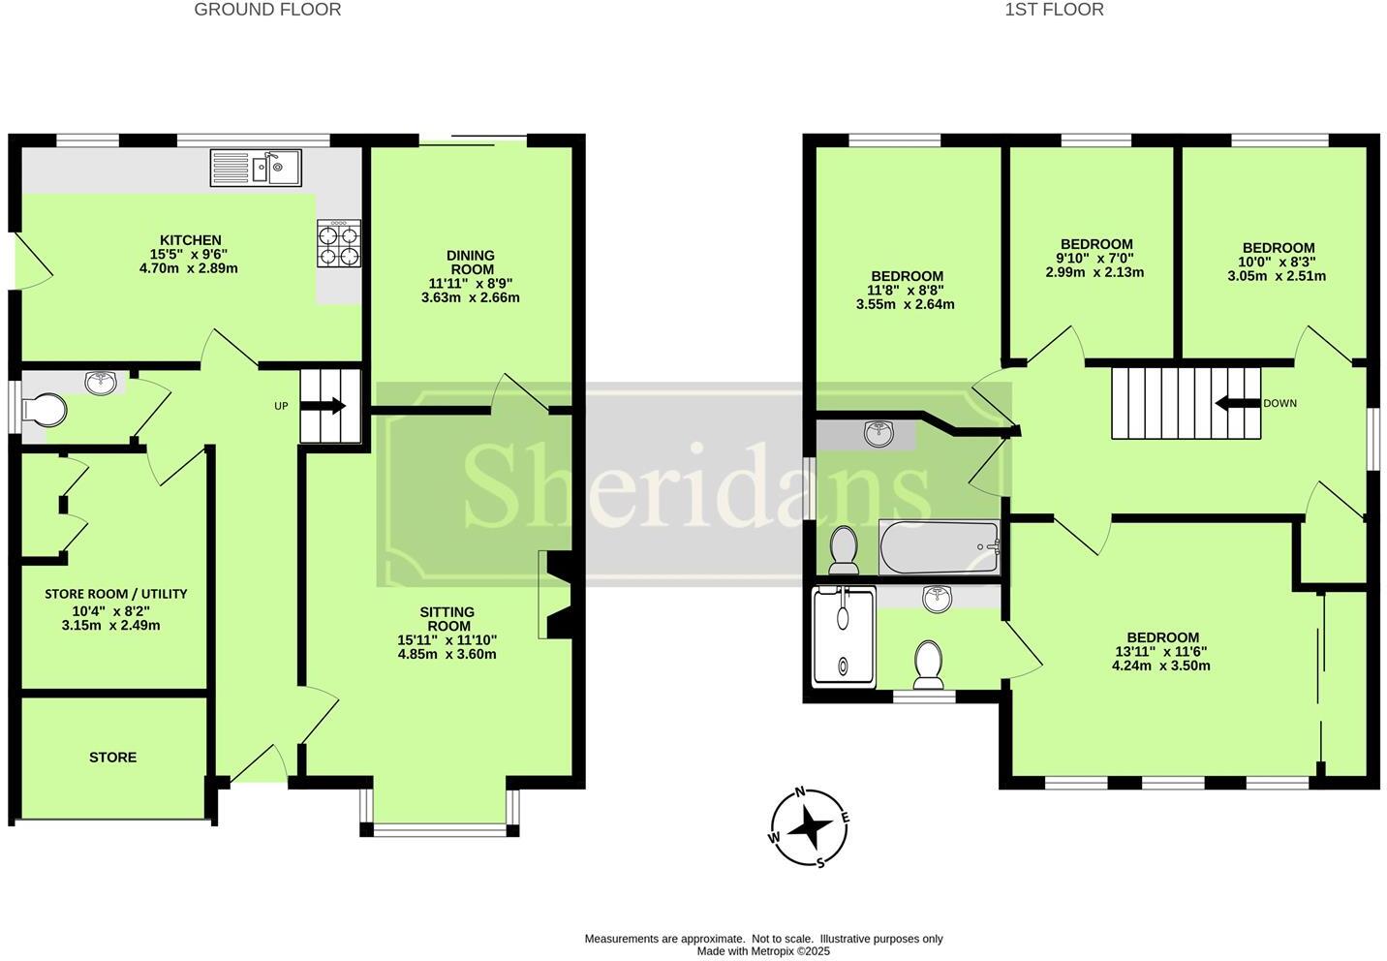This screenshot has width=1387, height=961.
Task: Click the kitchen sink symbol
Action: click(256, 168)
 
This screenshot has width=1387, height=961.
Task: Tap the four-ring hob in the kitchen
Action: click(339, 243)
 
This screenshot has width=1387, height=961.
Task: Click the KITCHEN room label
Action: click(190, 240)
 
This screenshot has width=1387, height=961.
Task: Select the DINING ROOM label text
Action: click(471, 263)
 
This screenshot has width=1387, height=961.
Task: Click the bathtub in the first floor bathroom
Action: click(939, 547)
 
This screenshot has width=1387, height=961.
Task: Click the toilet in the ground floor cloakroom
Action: click(45, 410)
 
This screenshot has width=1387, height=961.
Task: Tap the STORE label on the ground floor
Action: click(113, 757)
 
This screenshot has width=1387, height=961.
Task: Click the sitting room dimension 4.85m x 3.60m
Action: click(447, 654)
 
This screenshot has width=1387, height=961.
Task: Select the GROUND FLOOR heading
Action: click(267, 10)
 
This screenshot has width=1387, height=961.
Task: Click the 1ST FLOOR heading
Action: click(1054, 10)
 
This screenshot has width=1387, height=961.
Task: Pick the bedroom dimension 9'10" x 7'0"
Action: click(1094, 259)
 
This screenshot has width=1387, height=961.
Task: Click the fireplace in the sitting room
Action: click(559, 595)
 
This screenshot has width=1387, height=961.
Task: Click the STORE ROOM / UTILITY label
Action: click(116, 594)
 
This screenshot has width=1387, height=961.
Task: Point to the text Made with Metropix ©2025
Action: click(763, 951)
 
